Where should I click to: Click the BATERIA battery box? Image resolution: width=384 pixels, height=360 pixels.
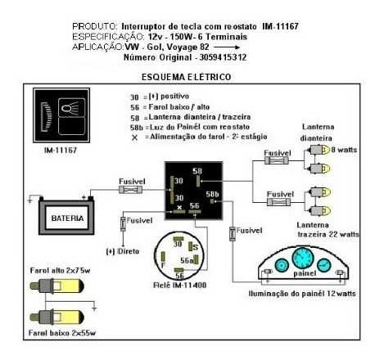66,218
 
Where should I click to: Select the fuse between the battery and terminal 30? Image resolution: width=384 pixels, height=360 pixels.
131,190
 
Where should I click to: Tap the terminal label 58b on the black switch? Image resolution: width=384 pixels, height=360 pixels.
212,194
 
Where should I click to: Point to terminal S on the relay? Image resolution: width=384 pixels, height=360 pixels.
190,246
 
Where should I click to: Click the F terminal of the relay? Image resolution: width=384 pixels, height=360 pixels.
163,257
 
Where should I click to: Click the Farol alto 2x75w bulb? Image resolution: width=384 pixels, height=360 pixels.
56,286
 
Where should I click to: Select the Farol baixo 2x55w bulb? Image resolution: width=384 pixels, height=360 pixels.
56,317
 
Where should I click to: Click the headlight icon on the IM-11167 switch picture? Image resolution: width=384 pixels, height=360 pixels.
71,107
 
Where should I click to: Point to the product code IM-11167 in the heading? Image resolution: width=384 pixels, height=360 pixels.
280,26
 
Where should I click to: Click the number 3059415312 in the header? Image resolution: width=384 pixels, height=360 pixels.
223,57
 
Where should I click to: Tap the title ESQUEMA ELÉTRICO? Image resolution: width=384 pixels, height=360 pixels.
187,77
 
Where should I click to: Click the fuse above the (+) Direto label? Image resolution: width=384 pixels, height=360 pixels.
123,224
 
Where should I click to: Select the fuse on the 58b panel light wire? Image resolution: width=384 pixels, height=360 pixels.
233,234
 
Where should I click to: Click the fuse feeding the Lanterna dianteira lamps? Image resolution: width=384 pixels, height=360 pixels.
277,160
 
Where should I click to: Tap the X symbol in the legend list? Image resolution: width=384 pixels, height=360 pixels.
134,137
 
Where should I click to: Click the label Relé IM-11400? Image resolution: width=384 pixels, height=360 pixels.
180,286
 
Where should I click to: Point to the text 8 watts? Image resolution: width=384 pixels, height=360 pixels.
344,150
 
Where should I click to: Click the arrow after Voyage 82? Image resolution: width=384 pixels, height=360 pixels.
227,47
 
